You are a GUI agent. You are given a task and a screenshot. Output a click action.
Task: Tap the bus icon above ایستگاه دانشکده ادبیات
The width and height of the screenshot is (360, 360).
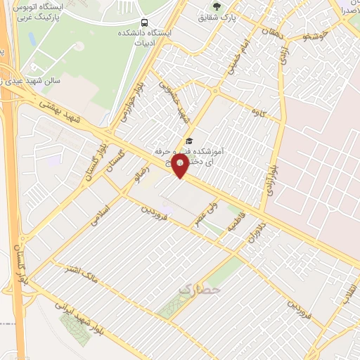(x=144, y=22)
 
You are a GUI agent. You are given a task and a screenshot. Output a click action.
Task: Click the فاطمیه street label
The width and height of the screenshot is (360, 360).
(x=232, y=225)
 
